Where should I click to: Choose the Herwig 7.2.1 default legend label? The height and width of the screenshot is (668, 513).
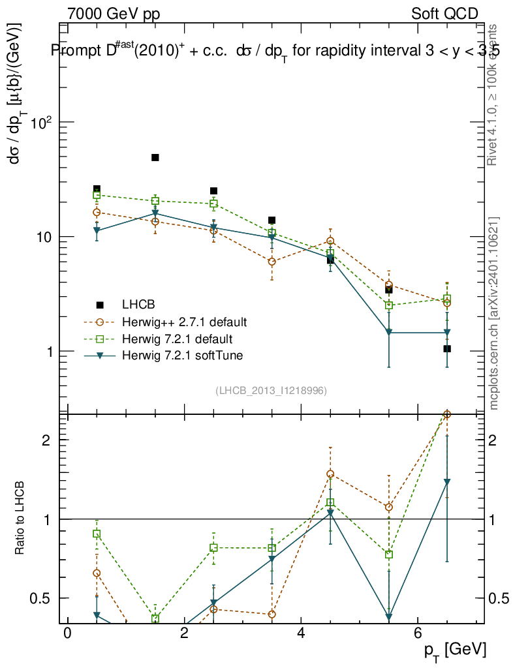coord(177,339)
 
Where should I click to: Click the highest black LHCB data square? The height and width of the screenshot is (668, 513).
coord(155,157)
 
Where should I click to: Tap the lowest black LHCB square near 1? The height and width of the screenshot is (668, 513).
coord(447,349)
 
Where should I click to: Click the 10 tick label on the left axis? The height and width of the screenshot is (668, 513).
coord(44,237)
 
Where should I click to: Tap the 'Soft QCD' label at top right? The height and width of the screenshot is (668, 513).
coord(445,14)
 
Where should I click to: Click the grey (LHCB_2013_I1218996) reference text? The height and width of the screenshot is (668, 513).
coord(271,390)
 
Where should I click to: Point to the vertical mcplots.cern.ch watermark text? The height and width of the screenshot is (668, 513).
coord(494,313)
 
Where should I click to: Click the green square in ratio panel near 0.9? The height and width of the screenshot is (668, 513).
coord(97,534)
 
